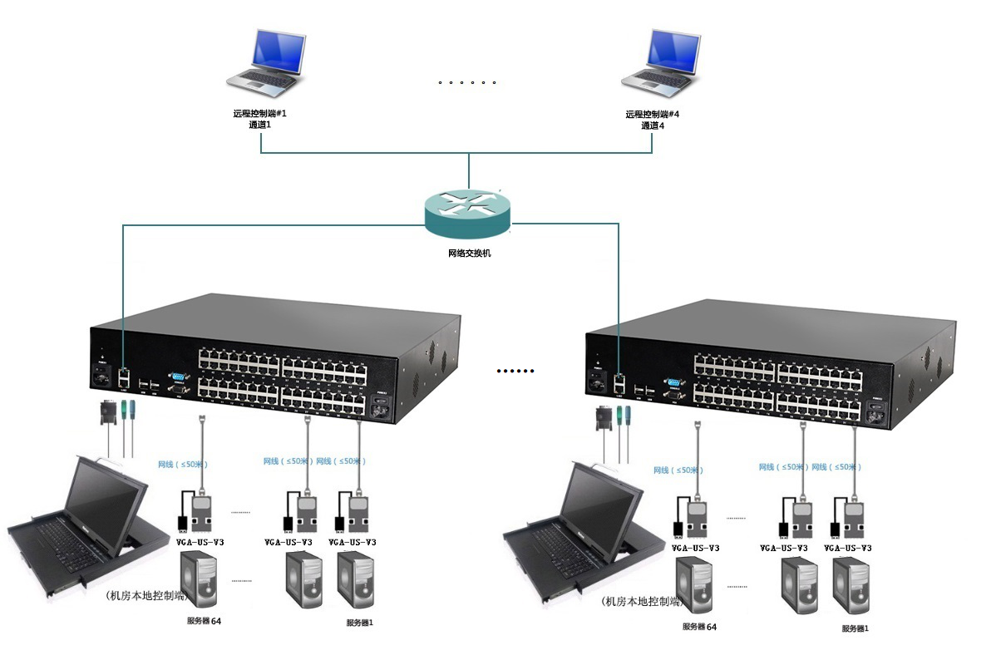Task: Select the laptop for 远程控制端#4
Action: click(661, 61)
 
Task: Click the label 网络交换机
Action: click(468, 253)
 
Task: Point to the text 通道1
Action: click(260, 126)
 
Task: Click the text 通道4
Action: click(653, 126)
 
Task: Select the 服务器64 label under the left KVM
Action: click(205, 621)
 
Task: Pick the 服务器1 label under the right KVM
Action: click(855, 628)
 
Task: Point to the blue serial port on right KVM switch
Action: click(673, 383)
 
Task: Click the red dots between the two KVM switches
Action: click(515, 371)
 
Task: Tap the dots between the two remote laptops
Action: click(467, 83)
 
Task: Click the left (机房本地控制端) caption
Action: click(147, 595)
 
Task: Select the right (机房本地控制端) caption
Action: click(642, 601)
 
